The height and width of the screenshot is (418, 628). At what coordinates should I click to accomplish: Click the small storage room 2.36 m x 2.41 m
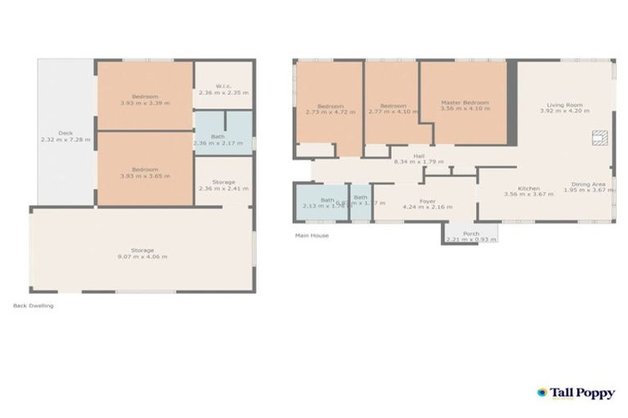pos(222,185)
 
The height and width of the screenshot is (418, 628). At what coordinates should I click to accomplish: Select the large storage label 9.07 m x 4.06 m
pos(142,253)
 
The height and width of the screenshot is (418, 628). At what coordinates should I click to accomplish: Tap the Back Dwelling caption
pos(34,306)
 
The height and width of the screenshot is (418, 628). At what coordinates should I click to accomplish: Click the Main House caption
pos(312,236)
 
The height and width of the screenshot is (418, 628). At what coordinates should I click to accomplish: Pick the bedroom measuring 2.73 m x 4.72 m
pos(330,109)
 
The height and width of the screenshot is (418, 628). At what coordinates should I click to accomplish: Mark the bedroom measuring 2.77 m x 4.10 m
pos(393,109)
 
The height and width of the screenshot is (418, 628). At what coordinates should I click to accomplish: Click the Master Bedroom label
pos(464,104)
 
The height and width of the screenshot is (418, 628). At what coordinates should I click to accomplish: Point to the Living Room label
pos(564,107)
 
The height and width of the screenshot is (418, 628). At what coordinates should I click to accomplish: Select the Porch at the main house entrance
pos(471,236)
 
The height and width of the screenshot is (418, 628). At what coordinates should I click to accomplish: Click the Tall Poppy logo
pos(576,393)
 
